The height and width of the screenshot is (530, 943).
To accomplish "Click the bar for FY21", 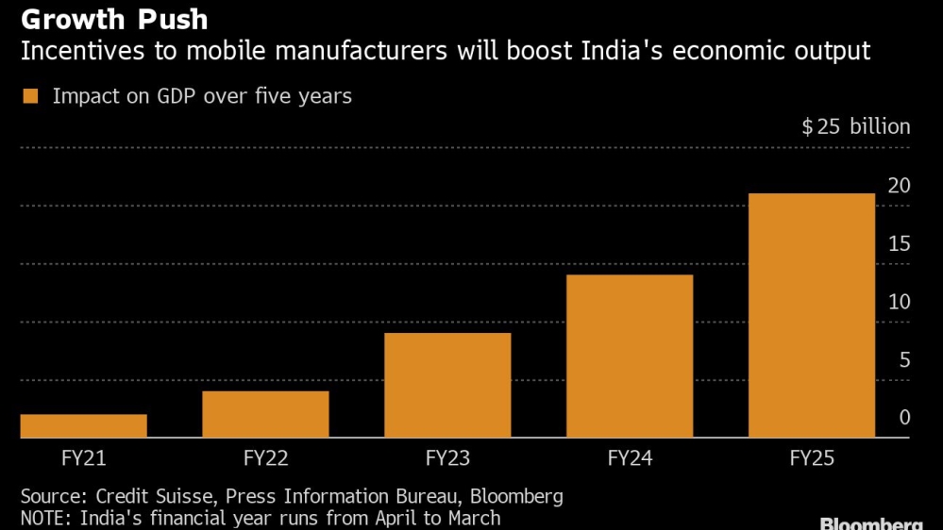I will point(83,425).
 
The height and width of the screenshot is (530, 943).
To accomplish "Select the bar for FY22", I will point(265,414).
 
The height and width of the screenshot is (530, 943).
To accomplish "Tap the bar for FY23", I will point(447,385).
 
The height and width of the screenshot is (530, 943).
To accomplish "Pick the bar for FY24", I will point(630,356).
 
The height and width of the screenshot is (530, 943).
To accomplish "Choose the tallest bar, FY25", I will point(812,315).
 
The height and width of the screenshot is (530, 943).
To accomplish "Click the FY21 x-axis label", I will point(83,459).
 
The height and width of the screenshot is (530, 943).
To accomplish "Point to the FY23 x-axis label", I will point(447,459).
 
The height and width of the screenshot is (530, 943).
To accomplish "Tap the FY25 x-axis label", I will point(812,459).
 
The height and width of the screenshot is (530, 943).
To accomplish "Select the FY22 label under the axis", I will point(265,459).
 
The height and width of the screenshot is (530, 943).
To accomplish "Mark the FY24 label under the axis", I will point(630,459).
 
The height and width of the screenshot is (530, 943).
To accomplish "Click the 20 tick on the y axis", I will point(899,186).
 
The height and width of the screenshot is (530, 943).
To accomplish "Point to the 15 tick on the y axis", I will point(899,244).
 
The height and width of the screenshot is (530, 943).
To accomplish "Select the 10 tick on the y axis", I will point(899,303).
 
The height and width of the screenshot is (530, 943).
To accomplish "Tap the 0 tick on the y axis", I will point(904,418).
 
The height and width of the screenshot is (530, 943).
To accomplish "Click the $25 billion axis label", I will point(855,127).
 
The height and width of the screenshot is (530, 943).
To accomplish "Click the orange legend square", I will point(30,96).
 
